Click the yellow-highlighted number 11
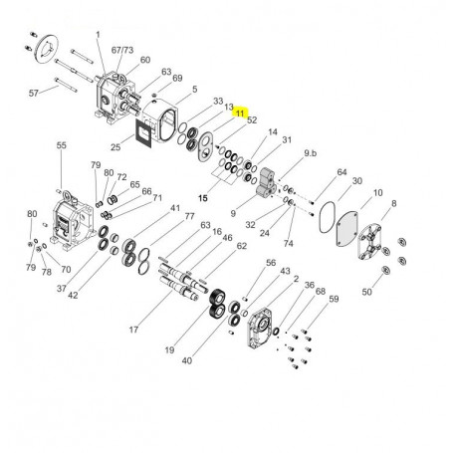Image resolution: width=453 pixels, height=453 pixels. (240, 113)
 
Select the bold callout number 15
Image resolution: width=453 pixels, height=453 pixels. (203, 198)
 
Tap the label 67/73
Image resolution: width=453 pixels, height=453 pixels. (122, 50)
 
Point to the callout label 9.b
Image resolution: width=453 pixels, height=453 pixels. (311, 153)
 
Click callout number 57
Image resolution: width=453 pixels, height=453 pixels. (34, 94)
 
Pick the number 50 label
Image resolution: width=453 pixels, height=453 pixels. (366, 292)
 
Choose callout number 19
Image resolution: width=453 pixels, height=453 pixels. (169, 349)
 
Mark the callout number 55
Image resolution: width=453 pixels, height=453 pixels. (62, 145)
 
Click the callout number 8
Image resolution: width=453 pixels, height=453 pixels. (393, 203)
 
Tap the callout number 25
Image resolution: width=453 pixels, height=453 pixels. (115, 146)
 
